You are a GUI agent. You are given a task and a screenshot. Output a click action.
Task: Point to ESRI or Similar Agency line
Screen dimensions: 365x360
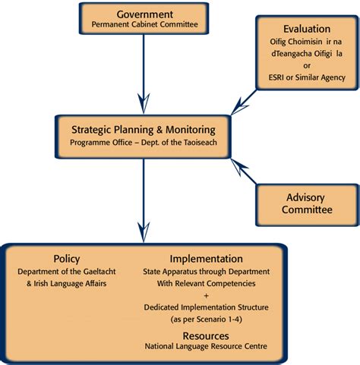(x=307, y=77)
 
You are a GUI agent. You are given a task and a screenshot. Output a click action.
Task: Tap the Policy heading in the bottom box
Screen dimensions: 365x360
(x=67, y=259)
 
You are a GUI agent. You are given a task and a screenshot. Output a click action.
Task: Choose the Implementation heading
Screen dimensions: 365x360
(x=207, y=259)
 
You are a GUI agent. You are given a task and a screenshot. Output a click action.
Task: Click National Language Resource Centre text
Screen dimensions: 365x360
(x=207, y=345)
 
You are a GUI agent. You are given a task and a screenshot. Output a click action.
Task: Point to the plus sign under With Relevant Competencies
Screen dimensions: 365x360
(x=207, y=294)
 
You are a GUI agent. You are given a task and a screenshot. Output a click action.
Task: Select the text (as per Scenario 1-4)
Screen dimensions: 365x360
(x=207, y=319)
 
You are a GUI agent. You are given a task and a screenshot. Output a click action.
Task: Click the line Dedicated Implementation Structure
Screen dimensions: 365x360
(x=207, y=307)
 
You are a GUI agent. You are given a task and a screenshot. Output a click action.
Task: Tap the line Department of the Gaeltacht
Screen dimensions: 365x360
(x=67, y=271)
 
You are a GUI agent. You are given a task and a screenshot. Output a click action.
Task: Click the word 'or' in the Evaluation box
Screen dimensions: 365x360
(x=307, y=65)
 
